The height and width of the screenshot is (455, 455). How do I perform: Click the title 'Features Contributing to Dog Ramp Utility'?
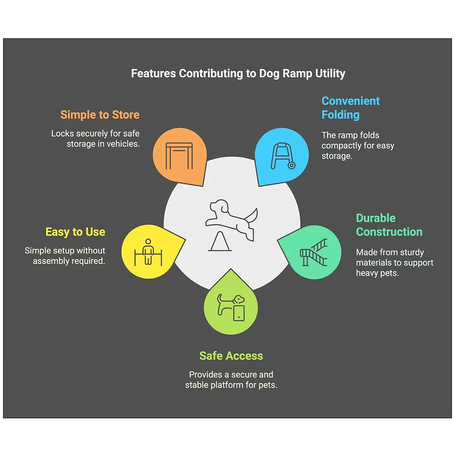pos(238,73)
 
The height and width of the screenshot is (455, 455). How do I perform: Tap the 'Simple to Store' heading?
pos(100,115)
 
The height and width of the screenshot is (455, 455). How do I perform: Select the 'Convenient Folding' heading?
pos(350,108)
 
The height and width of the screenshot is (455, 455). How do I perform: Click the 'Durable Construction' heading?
pos(389,225)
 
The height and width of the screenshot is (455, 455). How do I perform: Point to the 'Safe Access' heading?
pos(231,356)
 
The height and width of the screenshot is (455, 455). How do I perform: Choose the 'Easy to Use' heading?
pos(76,232)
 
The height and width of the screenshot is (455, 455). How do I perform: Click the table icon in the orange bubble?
pos(179,156)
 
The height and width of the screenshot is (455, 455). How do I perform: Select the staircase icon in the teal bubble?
pos(313,252)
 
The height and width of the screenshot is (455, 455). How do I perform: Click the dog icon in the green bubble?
pos(231,308)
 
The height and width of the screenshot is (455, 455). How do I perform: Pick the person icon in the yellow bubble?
pos(148,252)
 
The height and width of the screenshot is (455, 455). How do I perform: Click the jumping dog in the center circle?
pos(232,219)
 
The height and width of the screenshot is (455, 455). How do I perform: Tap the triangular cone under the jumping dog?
pos(220,241)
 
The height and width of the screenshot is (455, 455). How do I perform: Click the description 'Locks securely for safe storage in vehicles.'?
pos(96,139)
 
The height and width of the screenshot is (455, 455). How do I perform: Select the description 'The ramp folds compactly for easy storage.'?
pos(358,146)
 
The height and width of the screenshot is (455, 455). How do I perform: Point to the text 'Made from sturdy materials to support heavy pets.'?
pos(394,263)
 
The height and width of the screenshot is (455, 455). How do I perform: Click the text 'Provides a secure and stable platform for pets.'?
pos(231,379)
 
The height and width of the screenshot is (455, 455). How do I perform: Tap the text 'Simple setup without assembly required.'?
pos(65,256)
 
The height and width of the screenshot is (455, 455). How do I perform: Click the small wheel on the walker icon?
pos(292,166)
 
